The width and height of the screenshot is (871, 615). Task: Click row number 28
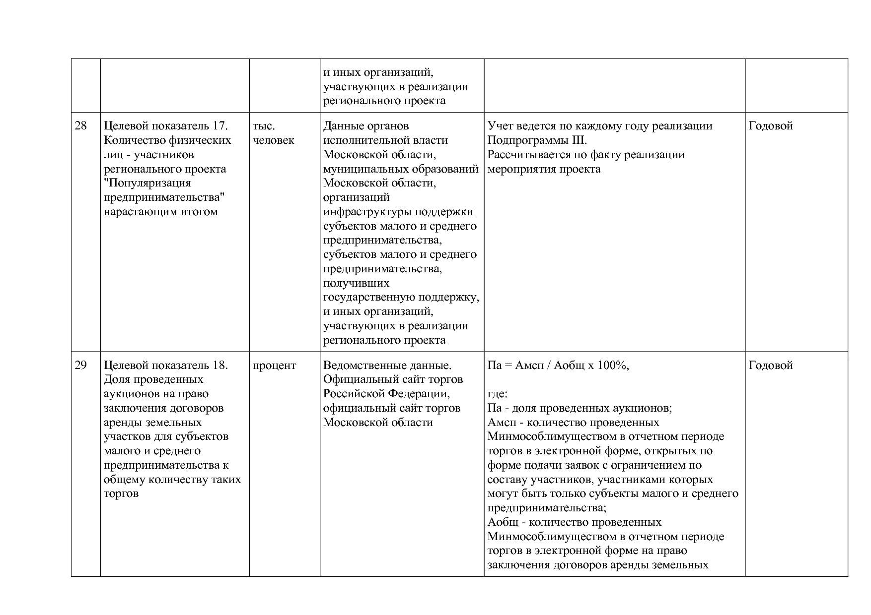pyautogui.click(x=80, y=126)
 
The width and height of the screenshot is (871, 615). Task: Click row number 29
pyautogui.click(x=80, y=366)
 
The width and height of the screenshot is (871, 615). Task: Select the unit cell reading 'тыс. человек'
pyautogui.click(x=273, y=133)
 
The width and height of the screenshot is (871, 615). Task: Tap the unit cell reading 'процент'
pyautogui.click(x=274, y=366)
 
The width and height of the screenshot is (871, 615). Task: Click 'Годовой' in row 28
pyautogui.click(x=771, y=126)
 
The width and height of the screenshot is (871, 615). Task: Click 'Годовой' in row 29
pyautogui.click(x=771, y=366)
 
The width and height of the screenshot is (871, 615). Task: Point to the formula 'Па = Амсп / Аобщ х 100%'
pyautogui.click(x=558, y=366)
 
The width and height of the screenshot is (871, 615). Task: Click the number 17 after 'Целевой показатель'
pyautogui.click(x=219, y=126)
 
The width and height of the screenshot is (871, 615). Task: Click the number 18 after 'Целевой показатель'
pyautogui.click(x=219, y=366)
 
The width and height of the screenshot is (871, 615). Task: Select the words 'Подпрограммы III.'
pyautogui.click(x=537, y=140)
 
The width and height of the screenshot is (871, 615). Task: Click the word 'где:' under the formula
pyautogui.click(x=497, y=394)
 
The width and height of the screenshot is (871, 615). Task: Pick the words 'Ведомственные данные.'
pyautogui.click(x=387, y=366)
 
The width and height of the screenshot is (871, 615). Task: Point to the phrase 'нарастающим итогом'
pyautogui.click(x=161, y=212)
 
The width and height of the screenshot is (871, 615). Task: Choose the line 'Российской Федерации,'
pyautogui.click(x=386, y=394)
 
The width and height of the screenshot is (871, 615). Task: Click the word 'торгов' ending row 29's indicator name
pyautogui.click(x=121, y=494)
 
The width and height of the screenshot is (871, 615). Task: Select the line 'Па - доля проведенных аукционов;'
pyautogui.click(x=580, y=409)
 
